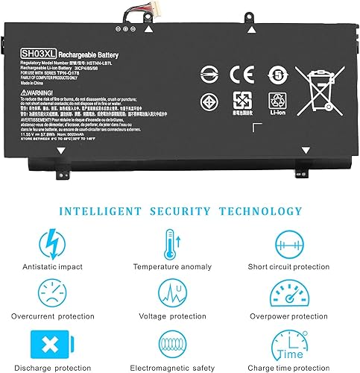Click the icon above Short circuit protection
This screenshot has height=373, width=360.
click(291, 244)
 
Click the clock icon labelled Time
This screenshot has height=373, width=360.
click(291, 343)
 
